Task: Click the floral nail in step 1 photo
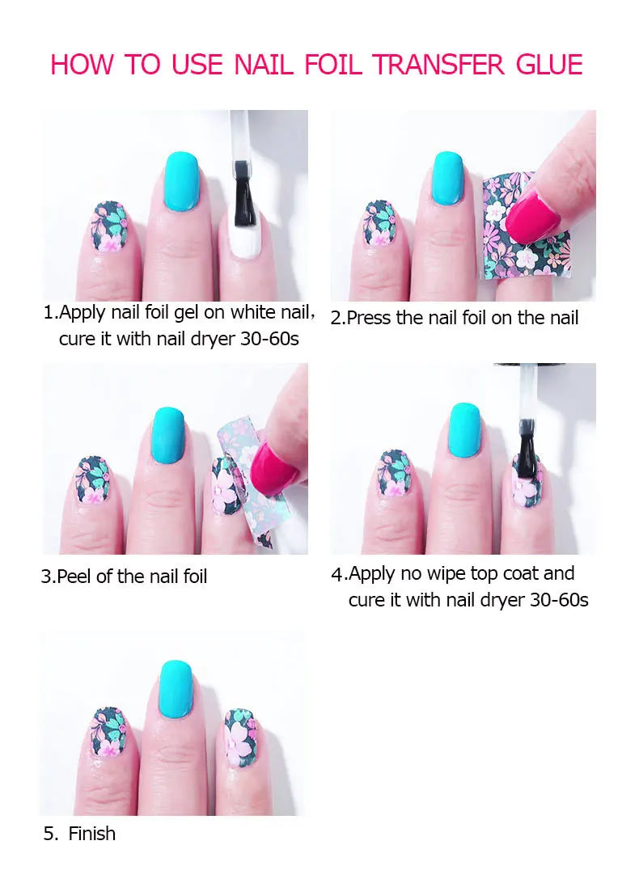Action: point(110,228)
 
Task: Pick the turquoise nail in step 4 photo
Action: point(463,429)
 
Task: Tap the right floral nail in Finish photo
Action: point(239,737)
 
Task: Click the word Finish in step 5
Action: point(92,834)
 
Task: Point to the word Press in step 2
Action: point(369,319)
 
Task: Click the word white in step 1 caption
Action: point(253,312)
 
